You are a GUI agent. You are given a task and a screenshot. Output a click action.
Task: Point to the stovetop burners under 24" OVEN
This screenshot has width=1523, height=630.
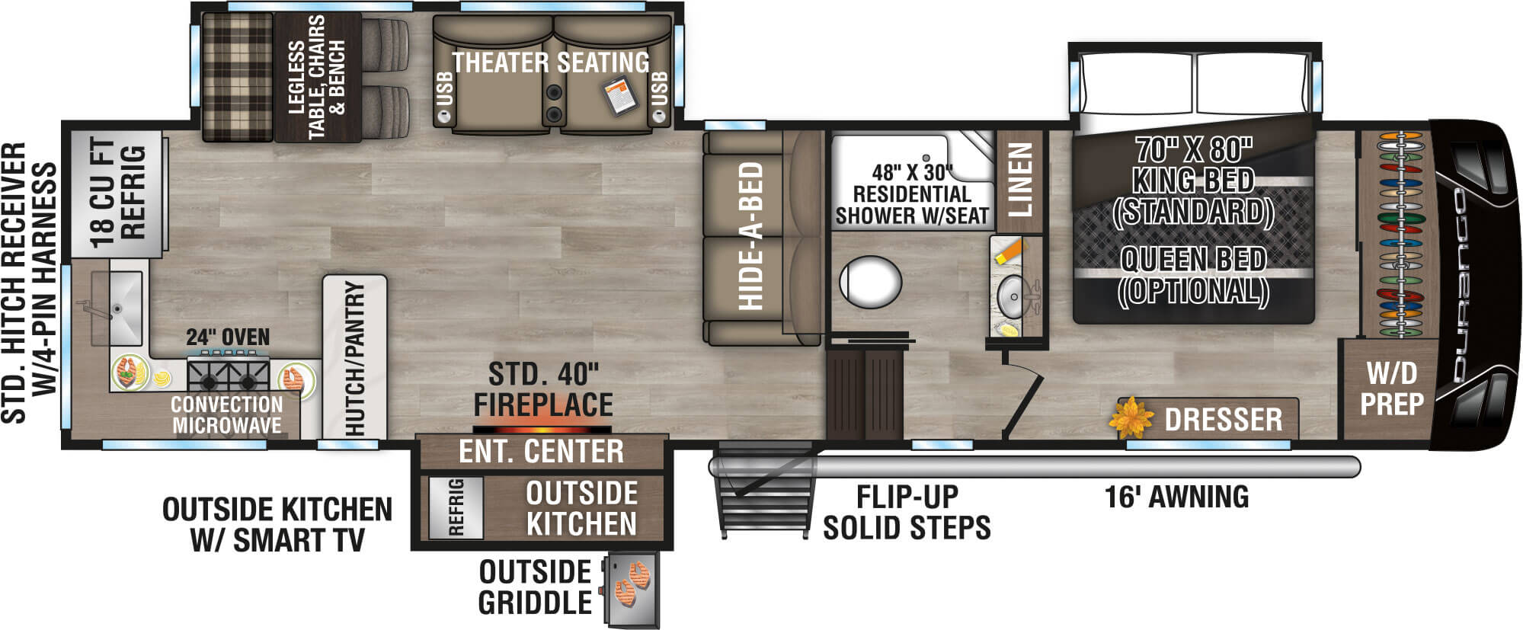pyautogui.click(x=228, y=375)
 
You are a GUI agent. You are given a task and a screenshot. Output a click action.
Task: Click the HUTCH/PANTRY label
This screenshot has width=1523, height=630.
pyautogui.click(x=355, y=358)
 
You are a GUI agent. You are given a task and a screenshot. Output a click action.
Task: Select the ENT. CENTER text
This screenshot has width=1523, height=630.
pyautogui.click(x=541, y=452)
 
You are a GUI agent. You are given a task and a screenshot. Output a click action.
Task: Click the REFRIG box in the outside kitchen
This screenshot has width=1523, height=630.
pyautogui.click(x=456, y=507)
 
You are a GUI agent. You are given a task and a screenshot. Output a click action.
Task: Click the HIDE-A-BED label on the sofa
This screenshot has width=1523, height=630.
pyautogui.click(x=750, y=236)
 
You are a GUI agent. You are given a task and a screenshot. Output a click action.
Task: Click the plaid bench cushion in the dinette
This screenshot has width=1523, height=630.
pyautogui.click(x=237, y=76)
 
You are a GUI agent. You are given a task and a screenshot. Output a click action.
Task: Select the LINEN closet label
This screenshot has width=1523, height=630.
pyautogui.click(x=1021, y=179)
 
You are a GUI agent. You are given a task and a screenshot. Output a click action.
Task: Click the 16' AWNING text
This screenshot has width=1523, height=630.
pyautogui.click(x=1176, y=497)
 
